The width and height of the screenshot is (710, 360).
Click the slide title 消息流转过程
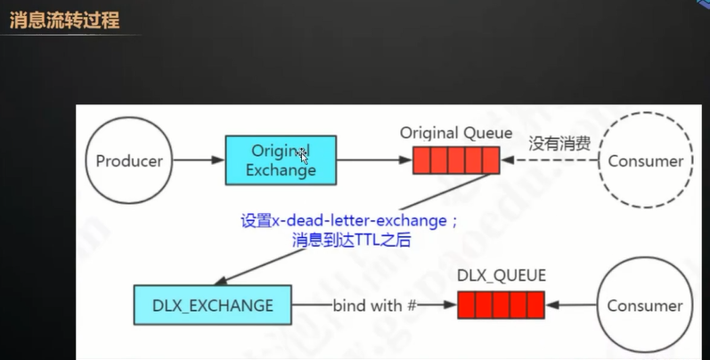click(64, 20)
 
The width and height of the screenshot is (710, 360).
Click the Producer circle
click(129, 161)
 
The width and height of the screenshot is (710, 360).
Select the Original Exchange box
click(280, 161)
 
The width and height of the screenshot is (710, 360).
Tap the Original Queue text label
click(456, 133)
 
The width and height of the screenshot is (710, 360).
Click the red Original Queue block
click(456, 161)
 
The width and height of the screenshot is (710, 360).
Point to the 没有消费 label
click(551, 143)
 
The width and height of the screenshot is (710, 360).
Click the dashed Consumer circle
click(645, 161)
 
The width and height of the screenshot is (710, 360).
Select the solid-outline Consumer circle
click(645, 306)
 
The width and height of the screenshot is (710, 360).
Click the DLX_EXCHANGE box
click(212, 306)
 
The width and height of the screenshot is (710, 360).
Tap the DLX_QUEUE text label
click(501, 275)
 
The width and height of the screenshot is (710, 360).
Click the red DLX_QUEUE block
click(501, 306)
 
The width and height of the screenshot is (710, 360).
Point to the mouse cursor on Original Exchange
click(304, 156)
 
